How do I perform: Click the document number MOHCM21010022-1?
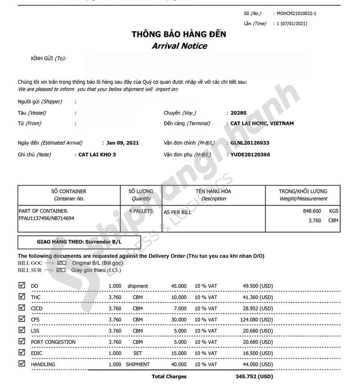(297, 14)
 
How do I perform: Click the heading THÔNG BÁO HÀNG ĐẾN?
(179, 34)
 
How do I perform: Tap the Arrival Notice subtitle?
(179, 46)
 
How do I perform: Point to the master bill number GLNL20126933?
(250, 143)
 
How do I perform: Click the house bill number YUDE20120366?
(250, 155)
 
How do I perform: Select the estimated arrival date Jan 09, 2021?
(122, 143)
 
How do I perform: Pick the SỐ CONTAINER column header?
(69, 191)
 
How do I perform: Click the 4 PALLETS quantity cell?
(141, 211)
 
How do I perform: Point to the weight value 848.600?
(312, 211)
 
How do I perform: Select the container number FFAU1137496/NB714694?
(46, 218)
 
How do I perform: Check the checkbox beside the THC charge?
(22, 296)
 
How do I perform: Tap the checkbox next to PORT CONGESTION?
(22, 341)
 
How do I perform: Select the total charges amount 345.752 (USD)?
(254, 377)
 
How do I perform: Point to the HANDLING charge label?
(43, 365)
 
